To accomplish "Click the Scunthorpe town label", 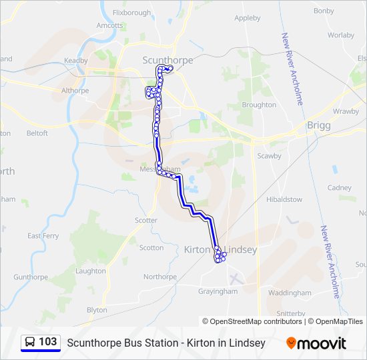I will pyautogui.click(x=167, y=60).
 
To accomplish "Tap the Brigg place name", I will pyautogui.click(x=314, y=125).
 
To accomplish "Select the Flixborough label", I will pyautogui.click(x=132, y=13).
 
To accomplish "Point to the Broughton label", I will pyautogui.click(x=259, y=105).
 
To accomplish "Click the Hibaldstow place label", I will pyautogui.click(x=284, y=199).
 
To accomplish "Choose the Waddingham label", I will pyautogui.click(x=290, y=293).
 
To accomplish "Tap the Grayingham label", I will pyautogui.click(x=218, y=291).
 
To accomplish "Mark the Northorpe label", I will pyautogui.click(x=160, y=277).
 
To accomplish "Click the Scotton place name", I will pyautogui.click(x=151, y=247).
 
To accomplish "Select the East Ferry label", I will pyautogui.click(x=43, y=236).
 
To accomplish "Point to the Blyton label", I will pyautogui.click(x=97, y=310).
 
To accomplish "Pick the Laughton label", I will pyautogui.click(x=91, y=271).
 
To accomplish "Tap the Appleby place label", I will pyautogui.click(x=248, y=18).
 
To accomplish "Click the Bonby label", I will pyautogui.click(x=324, y=11).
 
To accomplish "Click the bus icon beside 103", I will pyautogui.click(x=30, y=343).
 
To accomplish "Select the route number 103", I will pyautogui.click(x=48, y=342).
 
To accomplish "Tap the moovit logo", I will pyautogui.click(x=316, y=343).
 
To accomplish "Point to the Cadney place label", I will pyautogui.click(x=339, y=188).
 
